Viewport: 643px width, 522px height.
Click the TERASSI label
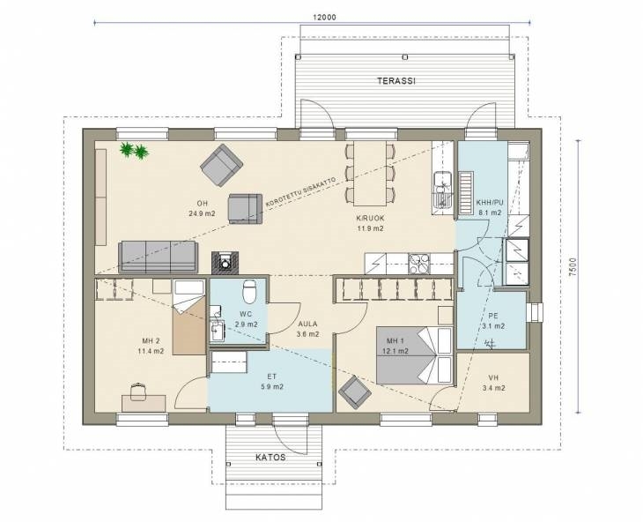point(396,81)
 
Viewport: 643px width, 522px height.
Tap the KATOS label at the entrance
point(270,457)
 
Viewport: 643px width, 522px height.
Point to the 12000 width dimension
point(324,18)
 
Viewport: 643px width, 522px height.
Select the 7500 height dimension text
point(573,267)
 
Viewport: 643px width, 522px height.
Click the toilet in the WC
point(249,290)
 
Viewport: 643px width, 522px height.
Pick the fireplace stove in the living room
point(225,262)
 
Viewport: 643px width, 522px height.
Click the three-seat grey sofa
point(158,257)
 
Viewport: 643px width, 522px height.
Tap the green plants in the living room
point(134,151)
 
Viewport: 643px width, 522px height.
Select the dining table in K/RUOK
point(370,173)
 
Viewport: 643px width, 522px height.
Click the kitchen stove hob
point(419,264)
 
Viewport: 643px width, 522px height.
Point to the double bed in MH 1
point(414,355)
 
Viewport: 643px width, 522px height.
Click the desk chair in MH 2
point(138,391)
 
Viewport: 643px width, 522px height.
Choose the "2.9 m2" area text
point(246,324)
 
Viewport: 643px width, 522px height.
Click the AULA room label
point(307,324)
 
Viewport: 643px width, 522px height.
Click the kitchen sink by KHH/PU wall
point(442,190)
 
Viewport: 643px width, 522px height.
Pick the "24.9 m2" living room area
point(203,213)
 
